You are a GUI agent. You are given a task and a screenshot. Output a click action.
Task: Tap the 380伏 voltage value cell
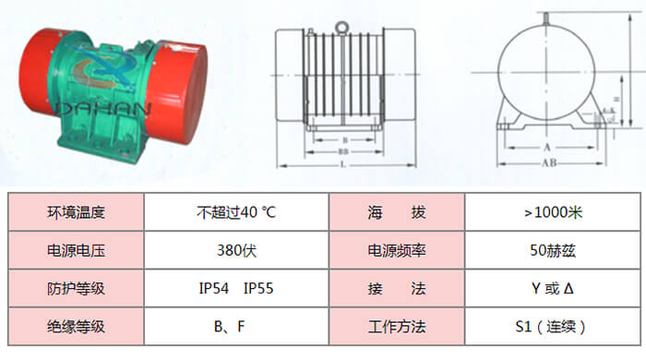click(236, 250)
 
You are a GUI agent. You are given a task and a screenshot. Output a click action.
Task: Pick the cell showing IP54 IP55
click(236, 288)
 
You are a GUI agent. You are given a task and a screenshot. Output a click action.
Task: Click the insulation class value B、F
click(236, 326)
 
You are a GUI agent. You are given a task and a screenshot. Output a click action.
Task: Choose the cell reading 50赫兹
click(552, 250)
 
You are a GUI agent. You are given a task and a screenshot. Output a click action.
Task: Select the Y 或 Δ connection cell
click(552, 288)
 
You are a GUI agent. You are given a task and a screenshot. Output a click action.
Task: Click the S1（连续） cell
click(552, 326)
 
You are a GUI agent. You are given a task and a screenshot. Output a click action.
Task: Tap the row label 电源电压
click(76, 250)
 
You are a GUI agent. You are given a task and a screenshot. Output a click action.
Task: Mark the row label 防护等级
click(76, 288)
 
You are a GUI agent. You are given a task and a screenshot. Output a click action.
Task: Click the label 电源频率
click(396, 250)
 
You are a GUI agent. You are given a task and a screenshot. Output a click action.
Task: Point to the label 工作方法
click(396, 326)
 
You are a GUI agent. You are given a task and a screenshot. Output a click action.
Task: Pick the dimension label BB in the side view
click(343, 149)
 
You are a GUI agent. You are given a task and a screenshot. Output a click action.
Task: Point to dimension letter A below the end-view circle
click(548, 147)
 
